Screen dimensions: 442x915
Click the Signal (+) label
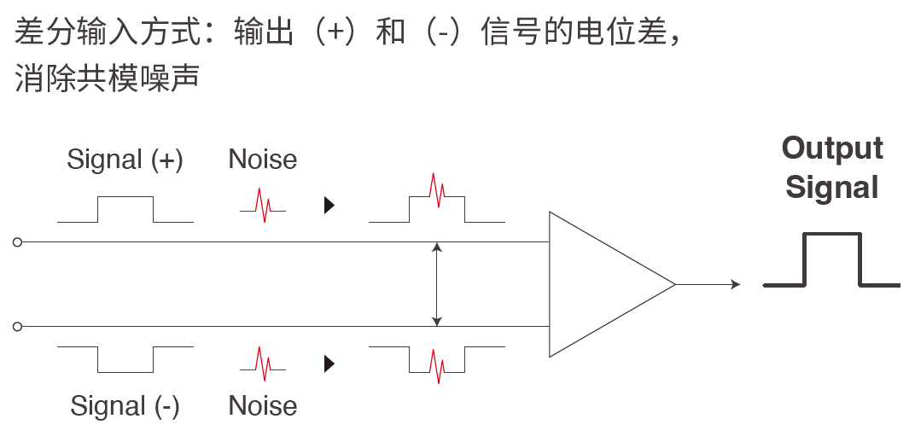125,160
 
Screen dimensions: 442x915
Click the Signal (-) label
125,405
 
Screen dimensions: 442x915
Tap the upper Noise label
263,160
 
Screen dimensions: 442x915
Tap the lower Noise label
263,405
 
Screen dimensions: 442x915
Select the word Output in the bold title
832,148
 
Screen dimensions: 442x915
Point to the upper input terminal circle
17,242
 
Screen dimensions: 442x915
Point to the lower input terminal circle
17,326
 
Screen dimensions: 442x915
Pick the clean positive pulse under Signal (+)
125,210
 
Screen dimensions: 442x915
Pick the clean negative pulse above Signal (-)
125,358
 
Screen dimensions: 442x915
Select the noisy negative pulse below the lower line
437,363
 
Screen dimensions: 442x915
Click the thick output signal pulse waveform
832,260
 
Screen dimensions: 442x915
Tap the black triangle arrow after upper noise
329,206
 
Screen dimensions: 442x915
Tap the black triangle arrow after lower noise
329,364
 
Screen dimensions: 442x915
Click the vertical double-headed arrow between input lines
437,284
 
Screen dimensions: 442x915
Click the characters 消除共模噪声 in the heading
107,79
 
